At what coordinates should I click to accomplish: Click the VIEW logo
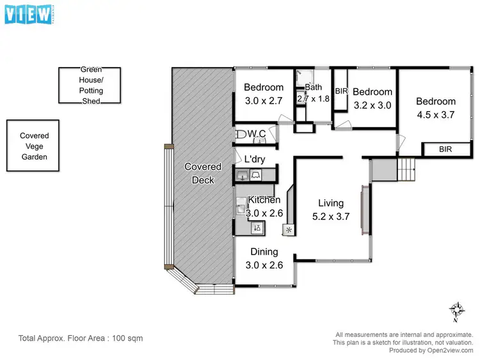(28, 13)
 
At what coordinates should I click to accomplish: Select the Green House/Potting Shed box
(91, 85)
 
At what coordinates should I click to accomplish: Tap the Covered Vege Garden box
(33, 146)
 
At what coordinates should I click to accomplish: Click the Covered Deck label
(202, 173)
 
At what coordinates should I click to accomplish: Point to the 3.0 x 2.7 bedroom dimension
(264, 100)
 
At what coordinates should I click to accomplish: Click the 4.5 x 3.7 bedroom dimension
(435, 114)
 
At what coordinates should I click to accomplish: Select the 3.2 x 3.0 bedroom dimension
(372, 105)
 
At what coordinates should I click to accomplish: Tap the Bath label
(313, 88)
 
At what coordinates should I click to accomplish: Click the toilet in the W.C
(243, 134)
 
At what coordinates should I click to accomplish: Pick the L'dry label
(255, 159)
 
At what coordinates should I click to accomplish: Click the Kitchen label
(264, 200)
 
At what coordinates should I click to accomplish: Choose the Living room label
(331, 203)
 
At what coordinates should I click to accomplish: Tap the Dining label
(264, 252)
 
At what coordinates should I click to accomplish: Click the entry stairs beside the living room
(406, 169)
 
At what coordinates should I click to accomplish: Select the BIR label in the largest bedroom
(444, 149)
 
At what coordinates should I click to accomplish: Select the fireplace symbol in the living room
(289, 230)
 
